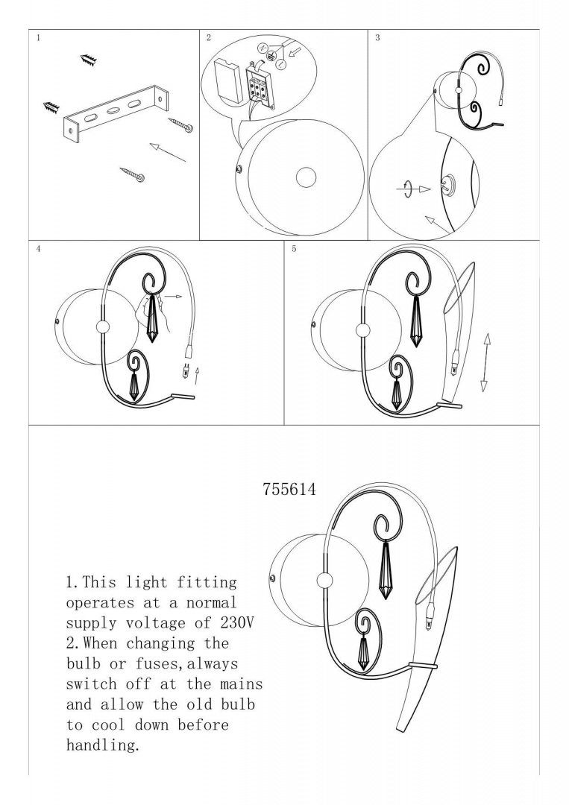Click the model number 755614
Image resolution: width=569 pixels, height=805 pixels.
[289, 489]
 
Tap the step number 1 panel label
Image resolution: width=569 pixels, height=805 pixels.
[38, 37]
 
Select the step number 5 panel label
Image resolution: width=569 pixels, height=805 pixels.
[294, 249]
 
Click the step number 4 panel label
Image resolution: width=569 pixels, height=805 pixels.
[39, 249]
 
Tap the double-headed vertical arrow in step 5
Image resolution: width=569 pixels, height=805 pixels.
[485, 362]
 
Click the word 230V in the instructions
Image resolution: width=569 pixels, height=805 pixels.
[237, 622]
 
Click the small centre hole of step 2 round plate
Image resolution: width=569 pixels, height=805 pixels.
[306, 177]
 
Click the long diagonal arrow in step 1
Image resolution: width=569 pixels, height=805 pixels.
[168, 153]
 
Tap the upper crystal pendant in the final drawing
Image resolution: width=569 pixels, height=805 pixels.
[385, 570]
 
